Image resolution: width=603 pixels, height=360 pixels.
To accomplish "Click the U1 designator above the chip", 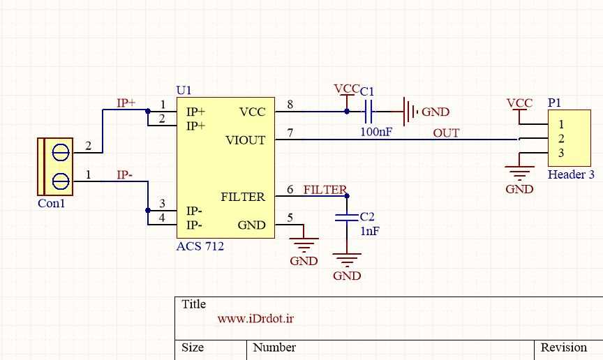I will point(184,91).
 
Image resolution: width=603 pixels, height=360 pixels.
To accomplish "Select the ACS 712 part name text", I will point(200,246).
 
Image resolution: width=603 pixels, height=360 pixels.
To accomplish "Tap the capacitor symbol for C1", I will point(370,110).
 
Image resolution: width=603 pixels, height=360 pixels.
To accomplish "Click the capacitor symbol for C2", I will point(347,218).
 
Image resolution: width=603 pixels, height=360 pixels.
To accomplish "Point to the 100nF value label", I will point(375,131).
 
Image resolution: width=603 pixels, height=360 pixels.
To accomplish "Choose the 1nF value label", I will point(370,231).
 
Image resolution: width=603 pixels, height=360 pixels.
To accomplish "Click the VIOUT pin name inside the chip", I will point(245,140).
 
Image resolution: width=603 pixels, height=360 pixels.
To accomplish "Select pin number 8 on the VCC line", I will point(290,105).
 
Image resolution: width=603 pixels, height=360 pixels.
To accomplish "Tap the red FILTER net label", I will point(325,190).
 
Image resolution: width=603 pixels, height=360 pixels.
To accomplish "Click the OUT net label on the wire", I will point(446,133).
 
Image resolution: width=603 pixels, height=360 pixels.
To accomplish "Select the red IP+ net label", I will point(126,103).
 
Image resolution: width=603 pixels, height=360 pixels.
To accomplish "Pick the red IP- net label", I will point(125,174).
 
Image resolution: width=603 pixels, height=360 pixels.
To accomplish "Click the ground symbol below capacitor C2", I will point(347,261).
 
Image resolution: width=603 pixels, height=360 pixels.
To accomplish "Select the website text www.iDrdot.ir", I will point(255,319).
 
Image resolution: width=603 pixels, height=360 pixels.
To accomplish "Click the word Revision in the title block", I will point(564,347).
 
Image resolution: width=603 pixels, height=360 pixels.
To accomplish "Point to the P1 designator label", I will point(554,103).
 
